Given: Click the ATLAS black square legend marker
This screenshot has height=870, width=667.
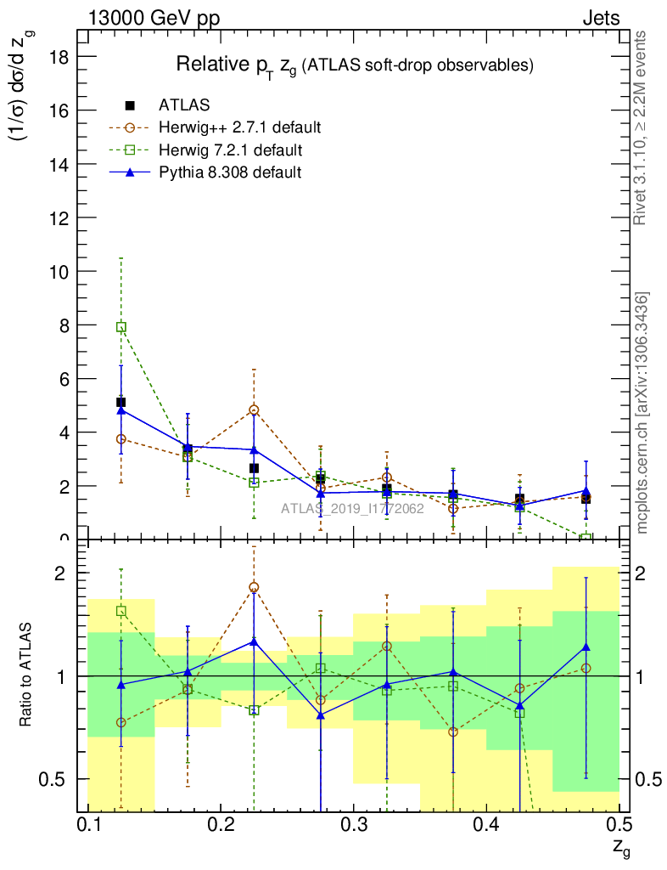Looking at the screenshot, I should [130, 105].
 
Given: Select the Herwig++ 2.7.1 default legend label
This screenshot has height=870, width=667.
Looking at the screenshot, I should [239, 128].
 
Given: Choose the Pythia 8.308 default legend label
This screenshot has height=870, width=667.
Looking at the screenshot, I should [230, 173].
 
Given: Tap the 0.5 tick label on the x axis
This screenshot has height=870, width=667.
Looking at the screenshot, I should [619, 825].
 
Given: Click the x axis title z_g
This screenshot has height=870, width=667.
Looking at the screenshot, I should [621, 846].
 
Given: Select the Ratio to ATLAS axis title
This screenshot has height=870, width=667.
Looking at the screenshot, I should [27, 676].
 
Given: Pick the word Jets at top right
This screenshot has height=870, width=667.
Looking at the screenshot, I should [600, 18].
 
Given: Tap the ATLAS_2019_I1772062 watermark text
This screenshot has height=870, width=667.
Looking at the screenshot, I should [341, 510].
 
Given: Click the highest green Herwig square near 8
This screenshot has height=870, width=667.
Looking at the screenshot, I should [121, 327].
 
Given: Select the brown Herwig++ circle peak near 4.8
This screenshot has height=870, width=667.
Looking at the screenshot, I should [254, 410].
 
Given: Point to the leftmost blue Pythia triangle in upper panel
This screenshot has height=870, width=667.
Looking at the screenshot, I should [121, 410].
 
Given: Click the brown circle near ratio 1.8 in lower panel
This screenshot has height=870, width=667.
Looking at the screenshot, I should [254, 587].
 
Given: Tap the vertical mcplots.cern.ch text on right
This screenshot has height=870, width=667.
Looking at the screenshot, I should [642, 413].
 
